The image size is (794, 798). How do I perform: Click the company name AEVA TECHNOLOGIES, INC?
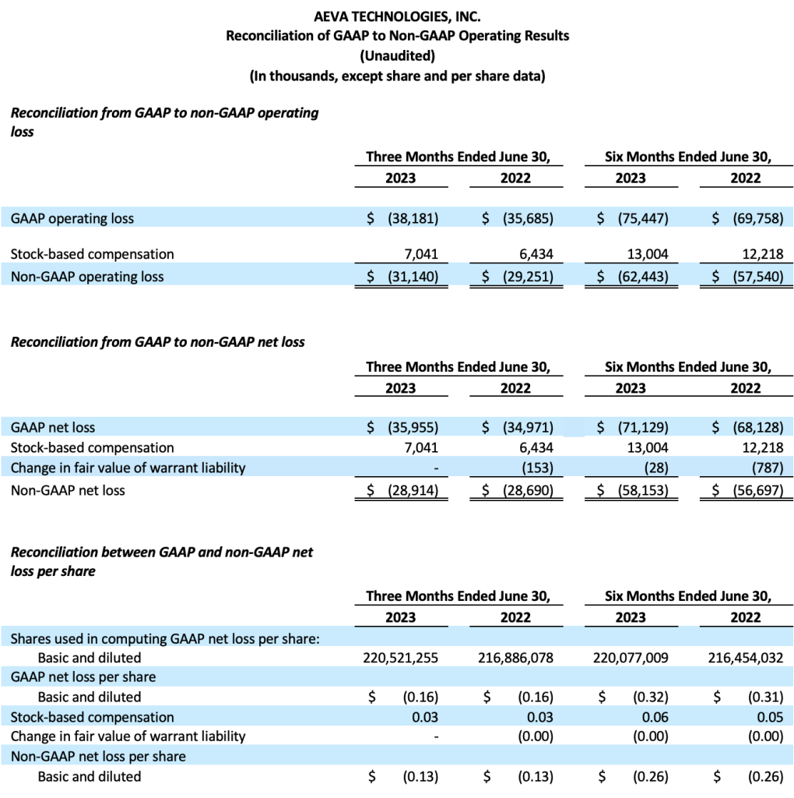pos(397,16)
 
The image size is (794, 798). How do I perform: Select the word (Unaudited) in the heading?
pos(397,55)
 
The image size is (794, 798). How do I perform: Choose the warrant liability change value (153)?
pos(537,468)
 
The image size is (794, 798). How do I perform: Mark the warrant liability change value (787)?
pos(768,468)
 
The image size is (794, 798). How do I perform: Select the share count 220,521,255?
pos(400,658)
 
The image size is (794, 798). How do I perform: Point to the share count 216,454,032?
pos(746,658)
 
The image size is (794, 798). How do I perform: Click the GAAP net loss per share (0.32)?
pos(651,697)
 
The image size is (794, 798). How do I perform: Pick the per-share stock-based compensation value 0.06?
pos(655,717)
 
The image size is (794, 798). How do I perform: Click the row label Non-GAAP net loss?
pos(68,490)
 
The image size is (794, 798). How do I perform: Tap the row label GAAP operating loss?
pos(72,218)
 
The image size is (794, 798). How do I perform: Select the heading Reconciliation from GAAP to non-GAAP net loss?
pos(157,341)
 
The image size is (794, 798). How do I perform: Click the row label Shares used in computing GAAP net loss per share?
pos(165,639)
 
